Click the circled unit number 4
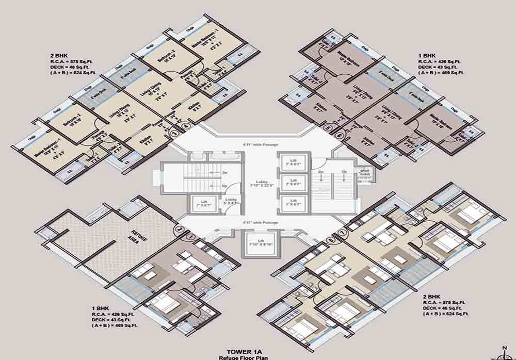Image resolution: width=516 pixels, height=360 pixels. [x=187, y=126]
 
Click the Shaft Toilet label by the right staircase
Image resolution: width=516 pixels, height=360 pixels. [x=365, y=173]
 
